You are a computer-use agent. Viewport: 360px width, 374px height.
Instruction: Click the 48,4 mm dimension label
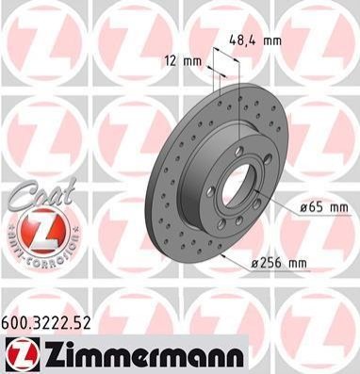coord(255,41)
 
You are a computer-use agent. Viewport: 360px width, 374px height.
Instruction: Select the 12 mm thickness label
coord(183,61)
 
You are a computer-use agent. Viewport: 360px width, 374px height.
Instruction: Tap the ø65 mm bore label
coord(324,207)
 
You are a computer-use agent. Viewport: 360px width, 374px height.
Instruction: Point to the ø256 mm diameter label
coord(279,263)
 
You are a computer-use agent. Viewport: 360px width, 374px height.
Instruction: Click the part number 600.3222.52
coord(46,322)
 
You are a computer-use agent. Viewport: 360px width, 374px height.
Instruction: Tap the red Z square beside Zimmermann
coord(23,354)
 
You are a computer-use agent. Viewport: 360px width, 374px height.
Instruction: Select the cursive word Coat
coord(41,193)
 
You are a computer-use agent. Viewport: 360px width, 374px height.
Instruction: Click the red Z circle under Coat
coord(44,231)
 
